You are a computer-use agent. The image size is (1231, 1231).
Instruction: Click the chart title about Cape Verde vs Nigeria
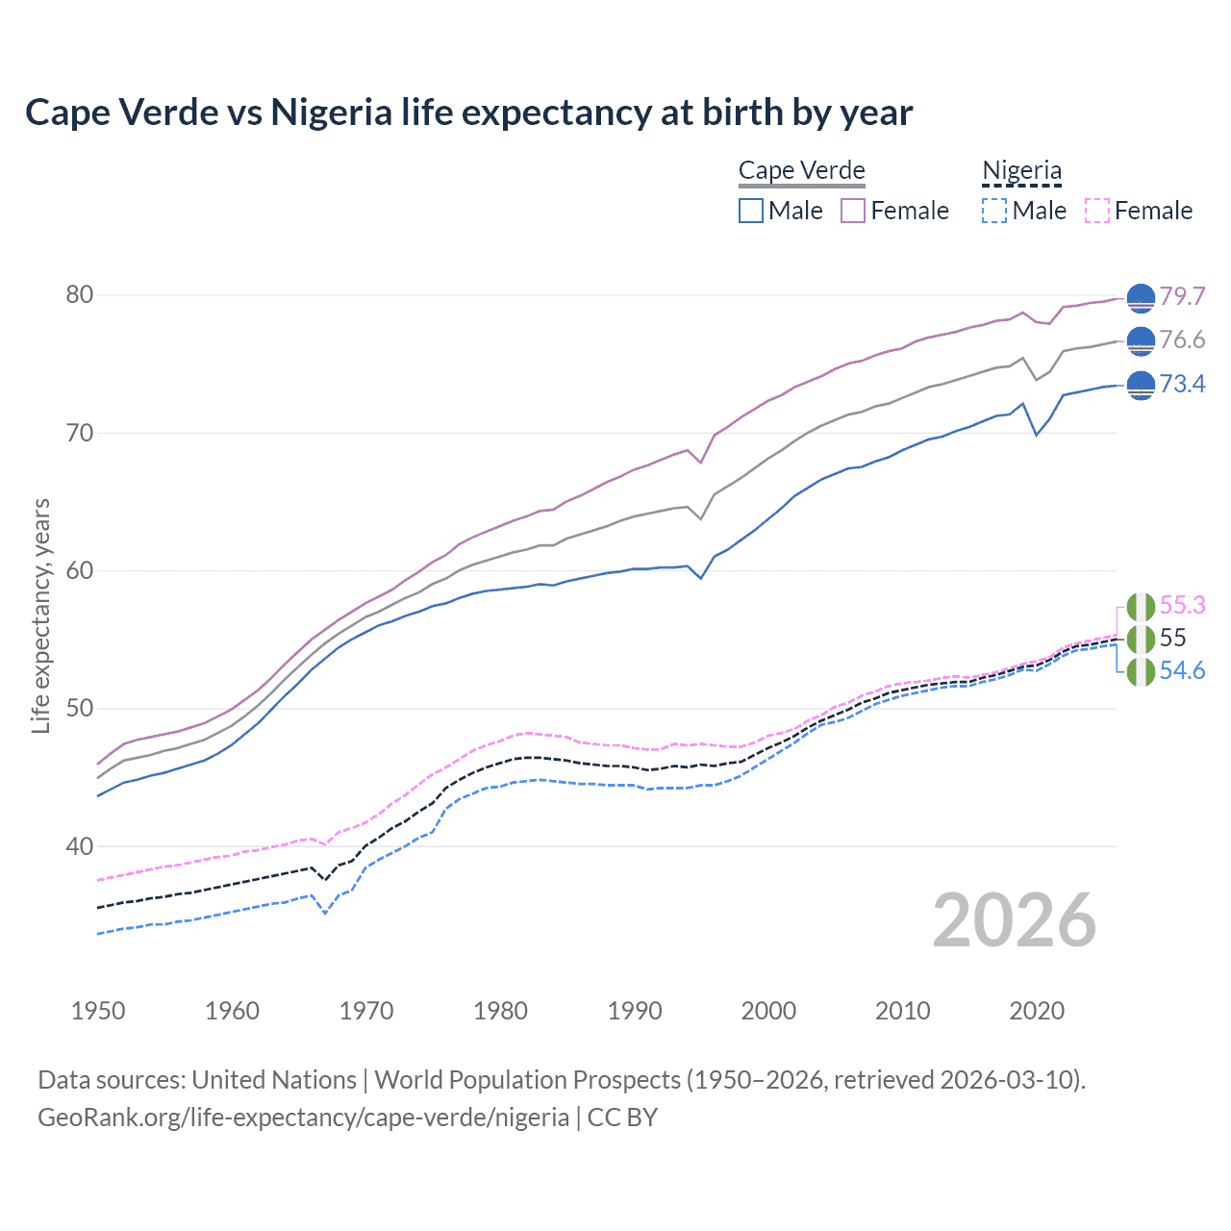pyautogui.click(x=468, y=113)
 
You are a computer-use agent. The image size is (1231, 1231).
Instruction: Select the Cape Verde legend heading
pyautogui.click(x=801, y=170)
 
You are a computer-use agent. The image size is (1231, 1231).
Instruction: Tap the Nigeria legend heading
pyautogui.click(x=1021, y=170)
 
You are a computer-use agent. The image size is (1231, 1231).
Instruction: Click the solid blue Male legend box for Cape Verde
pyautogui.click(x=751, y=211)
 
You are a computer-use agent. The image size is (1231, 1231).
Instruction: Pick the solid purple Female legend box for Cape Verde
pyautogui.click(x=853, y=211)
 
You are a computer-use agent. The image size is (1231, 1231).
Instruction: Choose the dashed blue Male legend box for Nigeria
pyautogui.click(x=994, y=211)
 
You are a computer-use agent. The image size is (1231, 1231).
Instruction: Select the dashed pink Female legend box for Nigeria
pyautogui.click(x=1097, y=211)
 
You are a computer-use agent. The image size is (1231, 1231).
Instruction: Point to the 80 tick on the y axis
pyautogui.click(x=80, y=294)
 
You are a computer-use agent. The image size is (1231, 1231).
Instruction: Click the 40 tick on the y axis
pyautogui.click(x=80, y=846)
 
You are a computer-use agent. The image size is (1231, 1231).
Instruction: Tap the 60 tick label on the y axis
pyautogui.click(x=80, y=570)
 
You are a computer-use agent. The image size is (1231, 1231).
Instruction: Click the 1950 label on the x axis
pyautogui.click(x=98, y=1011)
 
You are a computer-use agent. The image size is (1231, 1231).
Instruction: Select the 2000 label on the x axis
pyautogui.click(x=768, y=1011)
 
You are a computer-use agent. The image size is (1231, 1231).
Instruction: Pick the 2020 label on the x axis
pyautogui.click(x=1037, y=1011)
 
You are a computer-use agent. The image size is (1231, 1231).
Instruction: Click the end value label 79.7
pyautogui.click(x=1182, y=296)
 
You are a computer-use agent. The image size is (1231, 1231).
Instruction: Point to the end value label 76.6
pyautogui.click(x=1182, y=339)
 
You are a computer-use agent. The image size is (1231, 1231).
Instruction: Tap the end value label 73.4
pyautogui.click(x=1182, y=384)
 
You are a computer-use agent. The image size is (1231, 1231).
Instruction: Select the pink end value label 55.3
pyautogui.click(x=1182, y=605)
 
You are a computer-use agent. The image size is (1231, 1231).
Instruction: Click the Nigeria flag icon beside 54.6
pyautogui.click(x=1141, y=671)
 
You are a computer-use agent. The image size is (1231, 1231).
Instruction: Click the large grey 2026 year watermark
pyautogui.click(x=1014, y=920)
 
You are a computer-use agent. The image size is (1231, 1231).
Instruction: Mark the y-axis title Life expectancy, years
pyautogui.click(x=41, y=615)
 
